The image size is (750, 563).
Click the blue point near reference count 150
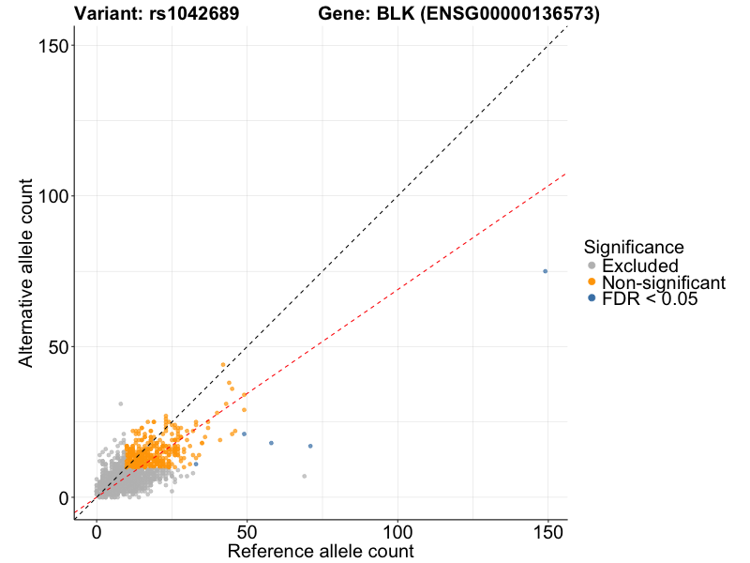pos(545,271)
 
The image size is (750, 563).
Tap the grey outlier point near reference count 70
pos(304,476)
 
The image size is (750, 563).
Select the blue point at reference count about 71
pos(310,446)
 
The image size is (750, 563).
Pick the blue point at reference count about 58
pos(271,443)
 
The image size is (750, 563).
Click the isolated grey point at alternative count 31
pos(120,403)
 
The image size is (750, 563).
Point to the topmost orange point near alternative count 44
pos(223,365)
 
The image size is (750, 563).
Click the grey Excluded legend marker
pos(591,266)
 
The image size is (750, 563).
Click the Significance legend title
pos(633,248)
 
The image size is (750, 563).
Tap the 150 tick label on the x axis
pos(547,530)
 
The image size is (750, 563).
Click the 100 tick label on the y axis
pos(49,196)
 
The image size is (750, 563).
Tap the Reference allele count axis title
pos(321,551)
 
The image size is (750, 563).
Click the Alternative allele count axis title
pos(27,271)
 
